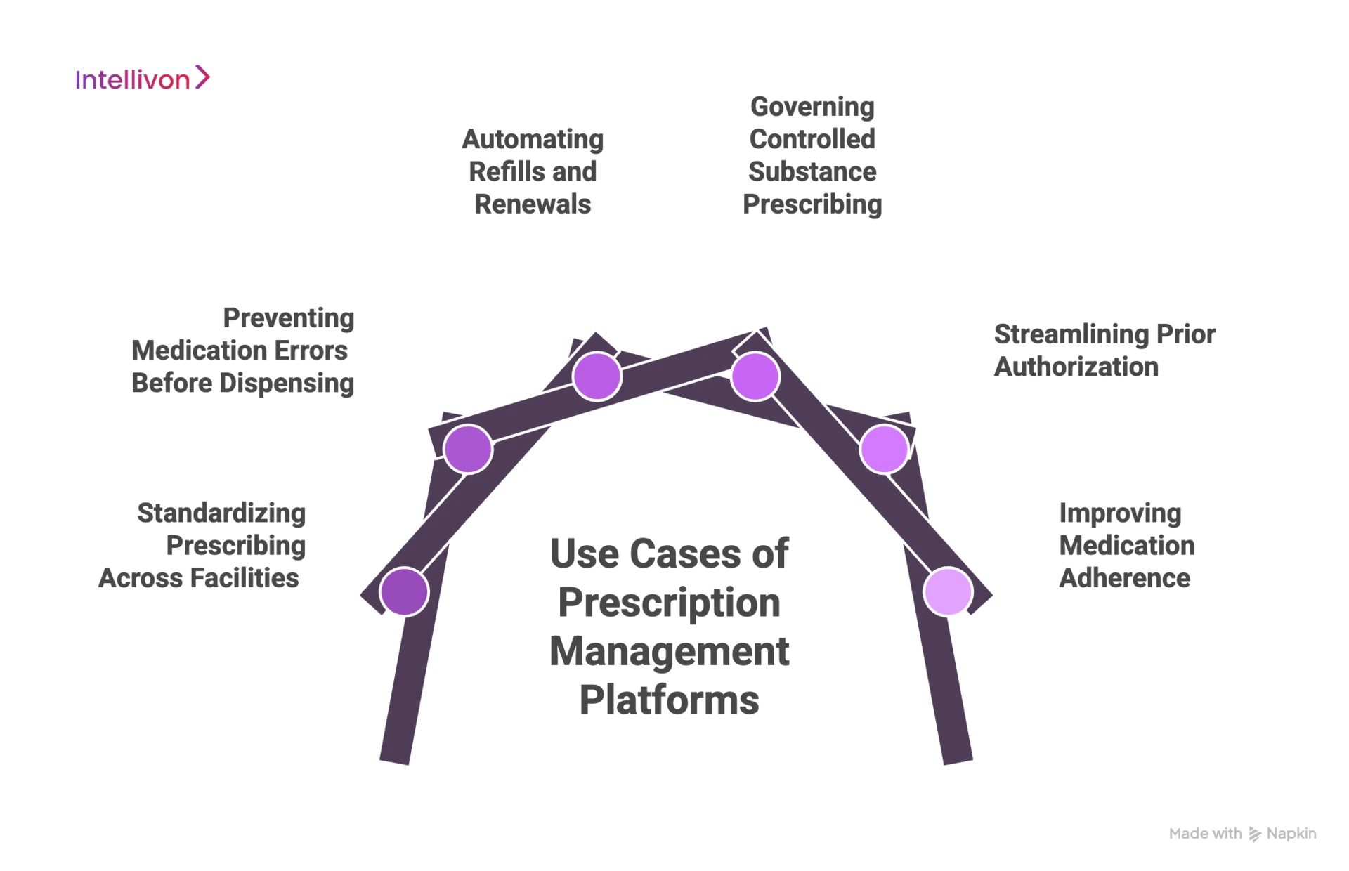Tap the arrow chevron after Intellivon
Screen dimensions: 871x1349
click(202, 77)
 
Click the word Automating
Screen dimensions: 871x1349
click(532, 139)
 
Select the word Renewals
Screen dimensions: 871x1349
click(532, 204)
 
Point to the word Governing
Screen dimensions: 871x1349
click(812, 107)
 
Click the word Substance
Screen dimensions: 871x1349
click(812, 172)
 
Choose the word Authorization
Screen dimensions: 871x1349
click(1076, 367)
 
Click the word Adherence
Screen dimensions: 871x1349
click(1124, 578)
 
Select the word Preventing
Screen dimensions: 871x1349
click(288, 318)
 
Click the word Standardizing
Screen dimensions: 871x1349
click(221, 513)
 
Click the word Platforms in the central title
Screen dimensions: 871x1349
click(669, 700)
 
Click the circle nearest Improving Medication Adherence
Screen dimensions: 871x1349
click(948, 591)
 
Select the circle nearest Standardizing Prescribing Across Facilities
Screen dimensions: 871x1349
click(404, 591)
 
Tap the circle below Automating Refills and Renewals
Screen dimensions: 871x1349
click(597, 376)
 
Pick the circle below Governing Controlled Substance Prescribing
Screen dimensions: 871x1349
click(755, 376)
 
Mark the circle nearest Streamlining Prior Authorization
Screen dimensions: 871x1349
click(884, 449)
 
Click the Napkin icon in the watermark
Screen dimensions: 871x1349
click(1255, 834)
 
